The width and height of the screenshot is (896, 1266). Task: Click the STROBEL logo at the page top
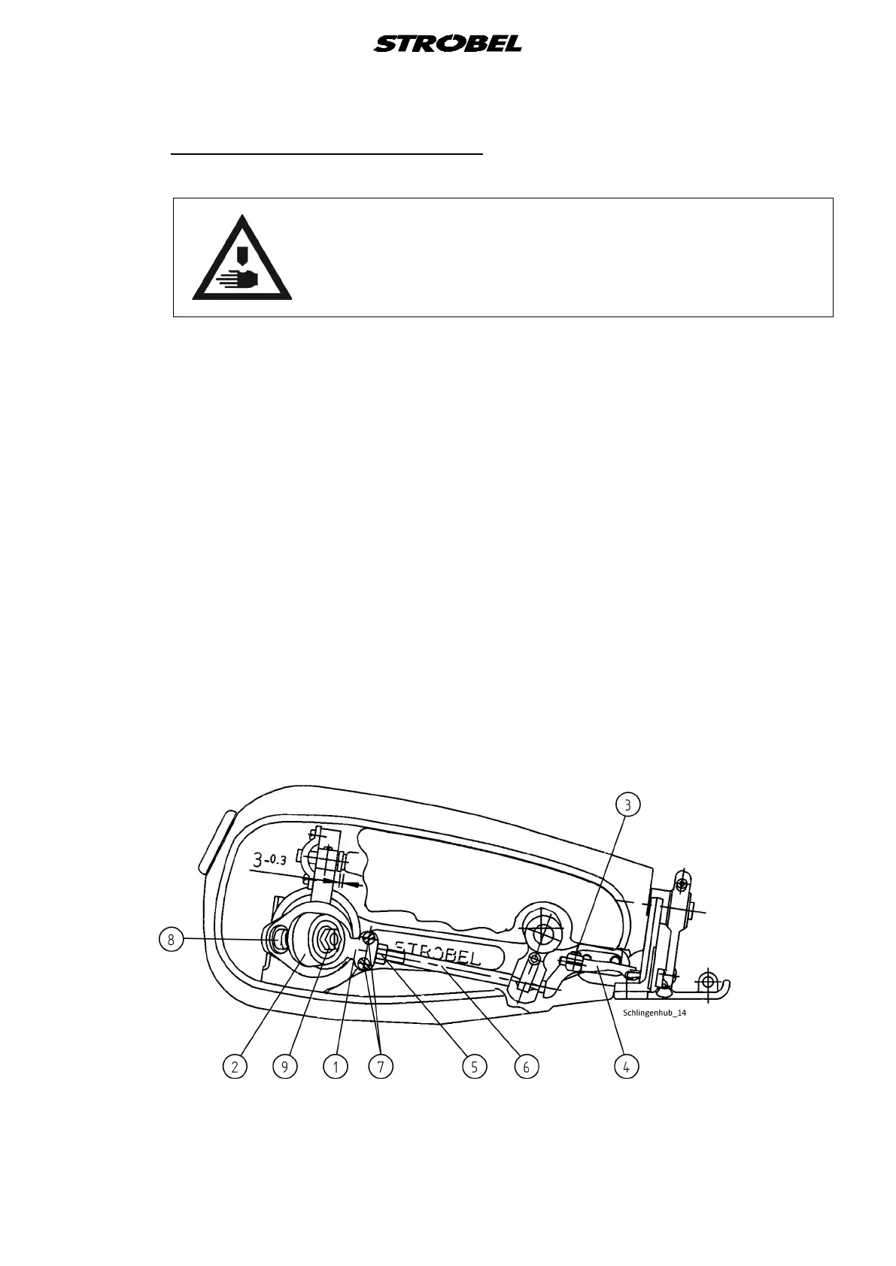[x=447, y=44]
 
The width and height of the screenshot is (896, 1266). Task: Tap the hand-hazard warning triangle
[x=242, y=259]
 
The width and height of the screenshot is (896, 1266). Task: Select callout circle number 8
[x=172, y=939]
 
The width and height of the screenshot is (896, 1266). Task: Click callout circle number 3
[x=627, y=804]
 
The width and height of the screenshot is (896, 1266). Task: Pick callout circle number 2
[x=235, y=1066]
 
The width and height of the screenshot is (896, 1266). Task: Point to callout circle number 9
[x=285, y=1066]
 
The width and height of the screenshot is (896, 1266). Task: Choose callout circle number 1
[x=336, y=1066]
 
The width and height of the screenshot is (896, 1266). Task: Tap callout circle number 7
[x=381, y=1066]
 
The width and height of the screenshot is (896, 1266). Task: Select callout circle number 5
[x=475, y=1066]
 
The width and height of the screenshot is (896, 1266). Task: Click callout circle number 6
[x=526, y=1066]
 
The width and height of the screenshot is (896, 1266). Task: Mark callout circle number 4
[x=627, y=1066]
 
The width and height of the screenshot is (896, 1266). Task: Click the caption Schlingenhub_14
[x=655, y=1013]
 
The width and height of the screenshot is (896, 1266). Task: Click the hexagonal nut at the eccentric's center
[x=328, y=939]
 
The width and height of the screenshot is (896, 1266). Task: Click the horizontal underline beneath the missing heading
[x=327, y=153]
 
